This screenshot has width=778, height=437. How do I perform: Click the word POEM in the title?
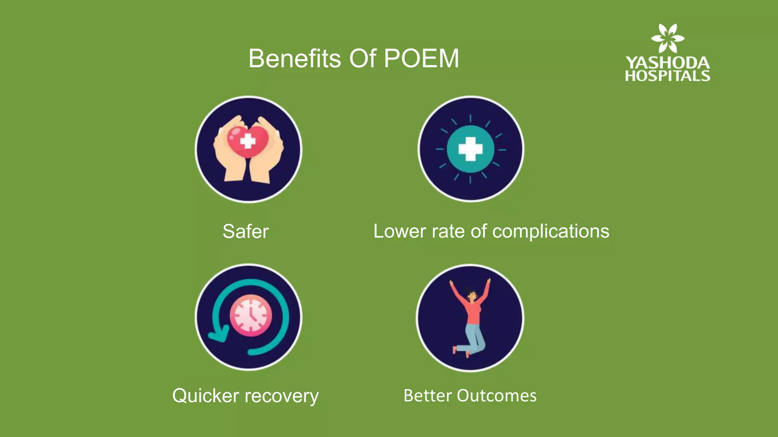(421, 59)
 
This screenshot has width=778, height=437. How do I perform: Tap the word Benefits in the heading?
(294, 59)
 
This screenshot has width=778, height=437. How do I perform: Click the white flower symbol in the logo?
(667, 38)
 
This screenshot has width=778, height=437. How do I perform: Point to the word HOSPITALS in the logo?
(667, 76)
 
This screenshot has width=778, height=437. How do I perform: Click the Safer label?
(245, 231)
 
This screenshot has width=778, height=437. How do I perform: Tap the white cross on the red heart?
(248, 141)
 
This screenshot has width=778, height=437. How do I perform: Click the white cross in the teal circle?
(470, 149)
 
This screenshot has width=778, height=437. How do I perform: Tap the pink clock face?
(251, 315)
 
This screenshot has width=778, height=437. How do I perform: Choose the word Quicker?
(206, 396)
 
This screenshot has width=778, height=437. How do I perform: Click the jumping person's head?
(471, 295)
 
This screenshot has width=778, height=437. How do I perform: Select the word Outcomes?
(497, 396)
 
